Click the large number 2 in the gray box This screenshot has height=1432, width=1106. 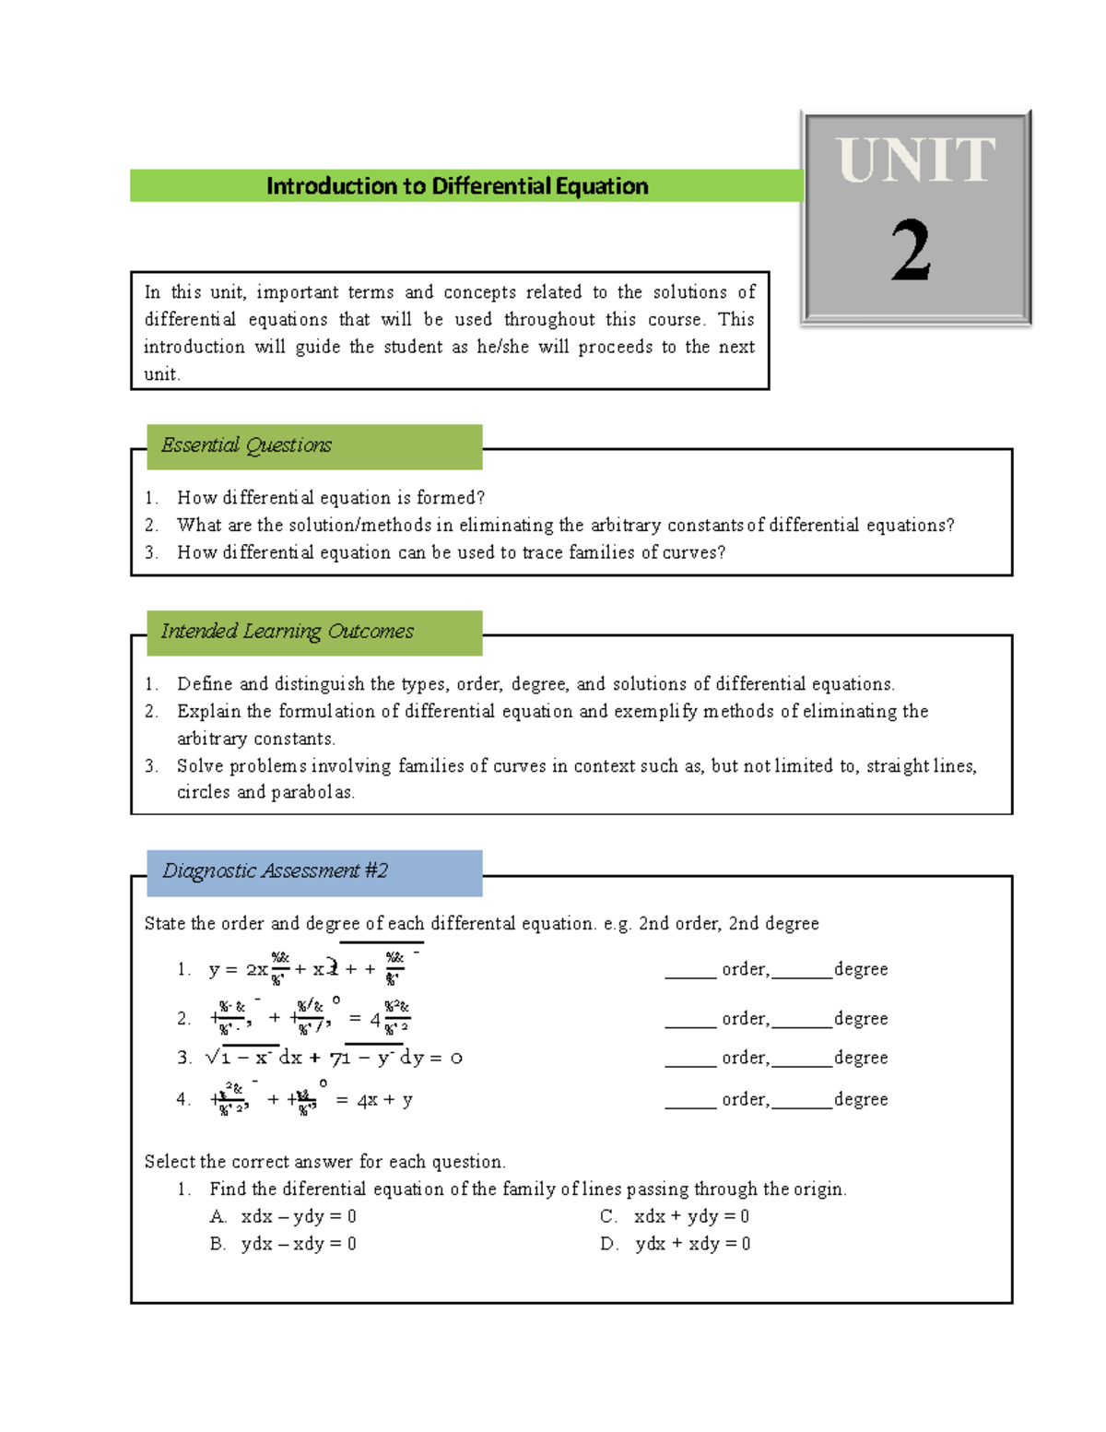(911, 251)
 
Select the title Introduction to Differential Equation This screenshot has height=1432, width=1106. (457, 186)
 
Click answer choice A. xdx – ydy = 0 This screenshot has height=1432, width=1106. (284, 1217)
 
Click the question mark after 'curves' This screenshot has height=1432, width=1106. (721, 553)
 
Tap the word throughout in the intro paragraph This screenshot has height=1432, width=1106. (549, 320)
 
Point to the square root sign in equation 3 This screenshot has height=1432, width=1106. (213, 1058)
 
